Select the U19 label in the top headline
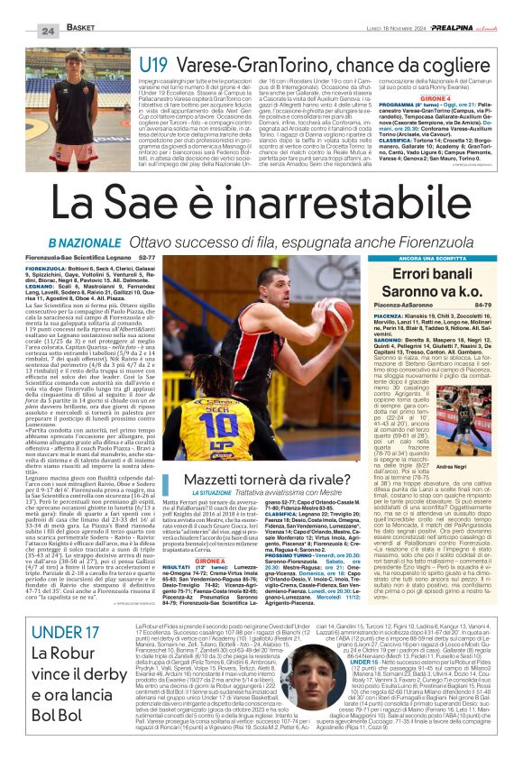click(x=154, y=64)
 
